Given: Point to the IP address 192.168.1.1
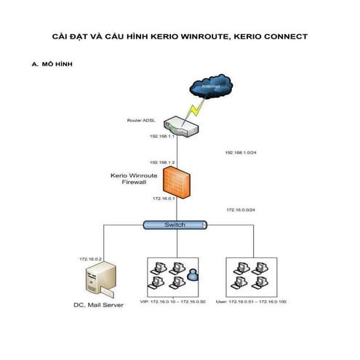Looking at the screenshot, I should coord(162,136).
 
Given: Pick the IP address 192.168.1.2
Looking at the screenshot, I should coord(162,162).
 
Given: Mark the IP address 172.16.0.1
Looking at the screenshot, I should coord(164,198).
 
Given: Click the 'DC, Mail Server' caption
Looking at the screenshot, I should coord(100,305).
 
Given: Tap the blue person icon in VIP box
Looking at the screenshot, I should coord(192,274).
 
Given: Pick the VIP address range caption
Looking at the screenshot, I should coord(176,300).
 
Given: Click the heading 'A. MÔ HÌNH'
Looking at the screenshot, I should coord(52,64).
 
